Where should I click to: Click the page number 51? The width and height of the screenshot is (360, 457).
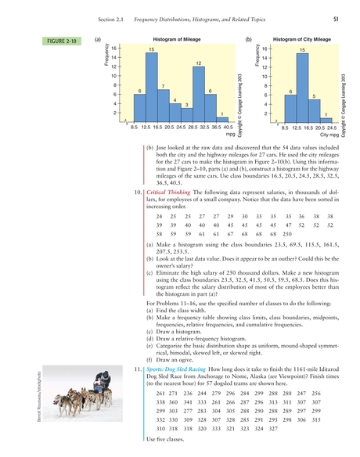334,19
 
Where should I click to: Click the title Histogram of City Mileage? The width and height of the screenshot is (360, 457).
301,39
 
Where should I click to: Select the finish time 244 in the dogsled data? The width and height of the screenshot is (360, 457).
203,393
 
